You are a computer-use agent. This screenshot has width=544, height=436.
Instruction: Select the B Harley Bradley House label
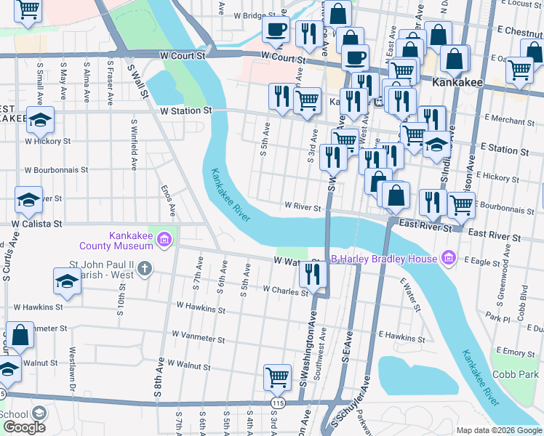pos(383,259)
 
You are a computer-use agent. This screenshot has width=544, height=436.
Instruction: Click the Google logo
pos(24,427)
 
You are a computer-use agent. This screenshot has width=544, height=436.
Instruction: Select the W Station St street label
pos(185,110)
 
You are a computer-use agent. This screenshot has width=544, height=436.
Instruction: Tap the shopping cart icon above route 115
pos(277,376)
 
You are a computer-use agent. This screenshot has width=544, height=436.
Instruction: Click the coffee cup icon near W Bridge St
pos(276,29)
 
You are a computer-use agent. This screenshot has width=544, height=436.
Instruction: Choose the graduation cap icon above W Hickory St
pos(40,118)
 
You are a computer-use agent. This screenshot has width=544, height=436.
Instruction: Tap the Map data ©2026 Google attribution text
pos(498,430)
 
